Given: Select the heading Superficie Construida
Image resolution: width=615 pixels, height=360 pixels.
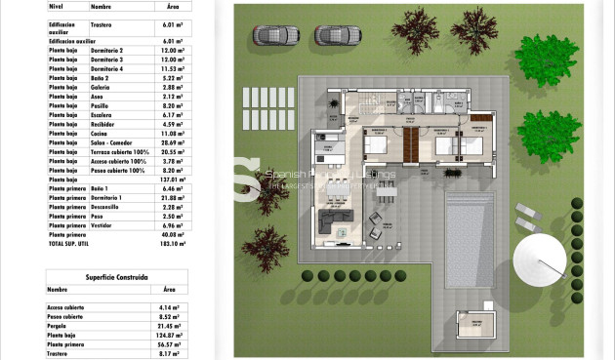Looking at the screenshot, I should [x=98, y=277].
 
